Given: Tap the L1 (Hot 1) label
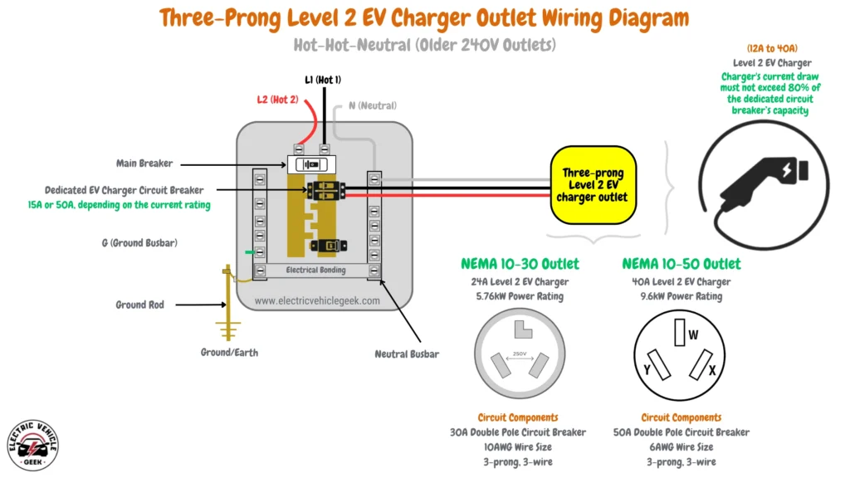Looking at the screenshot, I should (323, 80).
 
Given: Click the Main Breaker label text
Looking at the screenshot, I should (144, 163).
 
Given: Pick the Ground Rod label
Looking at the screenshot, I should (139, 305).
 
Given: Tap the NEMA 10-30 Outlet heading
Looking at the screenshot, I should (520, 265).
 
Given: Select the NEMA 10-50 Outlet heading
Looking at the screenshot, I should (681, 265).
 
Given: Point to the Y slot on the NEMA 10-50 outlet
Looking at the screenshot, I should (659, 363).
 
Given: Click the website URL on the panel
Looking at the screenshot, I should (317, 301).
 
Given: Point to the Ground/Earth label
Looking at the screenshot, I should (229, 353).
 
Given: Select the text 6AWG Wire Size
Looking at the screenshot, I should (681, 447).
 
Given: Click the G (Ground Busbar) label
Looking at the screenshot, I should (137, 243).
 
